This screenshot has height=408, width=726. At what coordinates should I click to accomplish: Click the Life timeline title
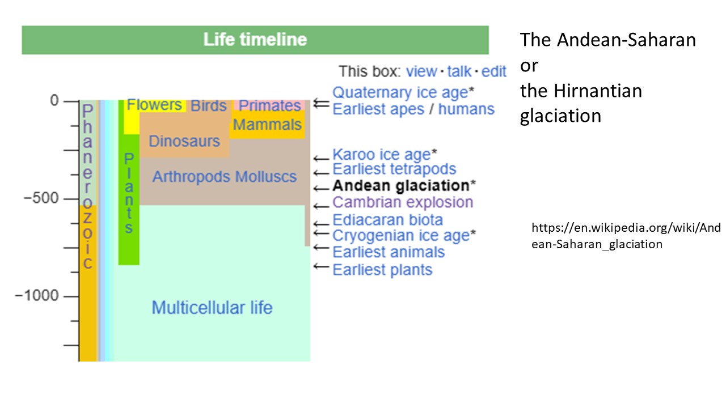click(x=255, y=40)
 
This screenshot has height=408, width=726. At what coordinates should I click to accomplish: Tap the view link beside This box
click(x=421, y=71)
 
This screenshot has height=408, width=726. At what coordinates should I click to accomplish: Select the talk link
click(x=459, y=71)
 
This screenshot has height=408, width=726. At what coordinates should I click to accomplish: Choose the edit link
click(x=493, y=71)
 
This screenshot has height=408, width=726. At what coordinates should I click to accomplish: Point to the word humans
click(x=466, y=109)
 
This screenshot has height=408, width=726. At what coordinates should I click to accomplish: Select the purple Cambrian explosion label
click(x=403, y=202)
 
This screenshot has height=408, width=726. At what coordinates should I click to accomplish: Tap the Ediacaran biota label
click(x=387, y=220)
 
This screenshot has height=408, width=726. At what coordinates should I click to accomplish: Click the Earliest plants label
click(x=382, y=270)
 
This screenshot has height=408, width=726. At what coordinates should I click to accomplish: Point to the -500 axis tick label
click(x=41, y=198)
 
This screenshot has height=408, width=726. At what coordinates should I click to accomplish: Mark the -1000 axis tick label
click(x=37, y=295)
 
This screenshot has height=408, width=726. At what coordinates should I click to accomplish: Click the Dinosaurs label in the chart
click(x=184, y=141)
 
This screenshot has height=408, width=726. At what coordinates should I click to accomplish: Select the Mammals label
click(x=267, y=125)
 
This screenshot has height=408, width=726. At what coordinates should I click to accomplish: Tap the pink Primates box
click(x=269, y=105)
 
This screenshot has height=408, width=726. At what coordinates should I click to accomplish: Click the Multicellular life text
click(x=212, y=308)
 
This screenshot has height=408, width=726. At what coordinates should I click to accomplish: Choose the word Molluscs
click(x=266, y=177)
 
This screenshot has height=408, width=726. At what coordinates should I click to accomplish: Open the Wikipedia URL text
click(x=626, y=236)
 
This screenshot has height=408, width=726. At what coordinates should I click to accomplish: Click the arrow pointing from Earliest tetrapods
click(x=321, y=173)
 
